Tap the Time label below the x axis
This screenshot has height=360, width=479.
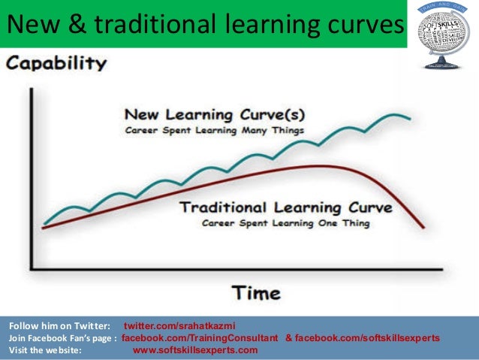pyautogui.click(x=255, y=292)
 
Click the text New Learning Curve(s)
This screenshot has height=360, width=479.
pyautogui.click(x=215, y=116)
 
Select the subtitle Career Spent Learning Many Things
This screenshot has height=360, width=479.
pyautogui.click(x=215, y=131)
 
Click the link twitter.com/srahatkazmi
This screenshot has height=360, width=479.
pyautogui.click(x=179, y=325)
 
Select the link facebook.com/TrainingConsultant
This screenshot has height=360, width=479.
pyautogui.click(x=200, y=337)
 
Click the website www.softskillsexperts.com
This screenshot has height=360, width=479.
pyautogui.click(x=195, y=349)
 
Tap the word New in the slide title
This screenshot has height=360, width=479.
pyautogui.click(x=32, y=26)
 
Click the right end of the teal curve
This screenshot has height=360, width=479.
pyautogui.click(x=409, y=119)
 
